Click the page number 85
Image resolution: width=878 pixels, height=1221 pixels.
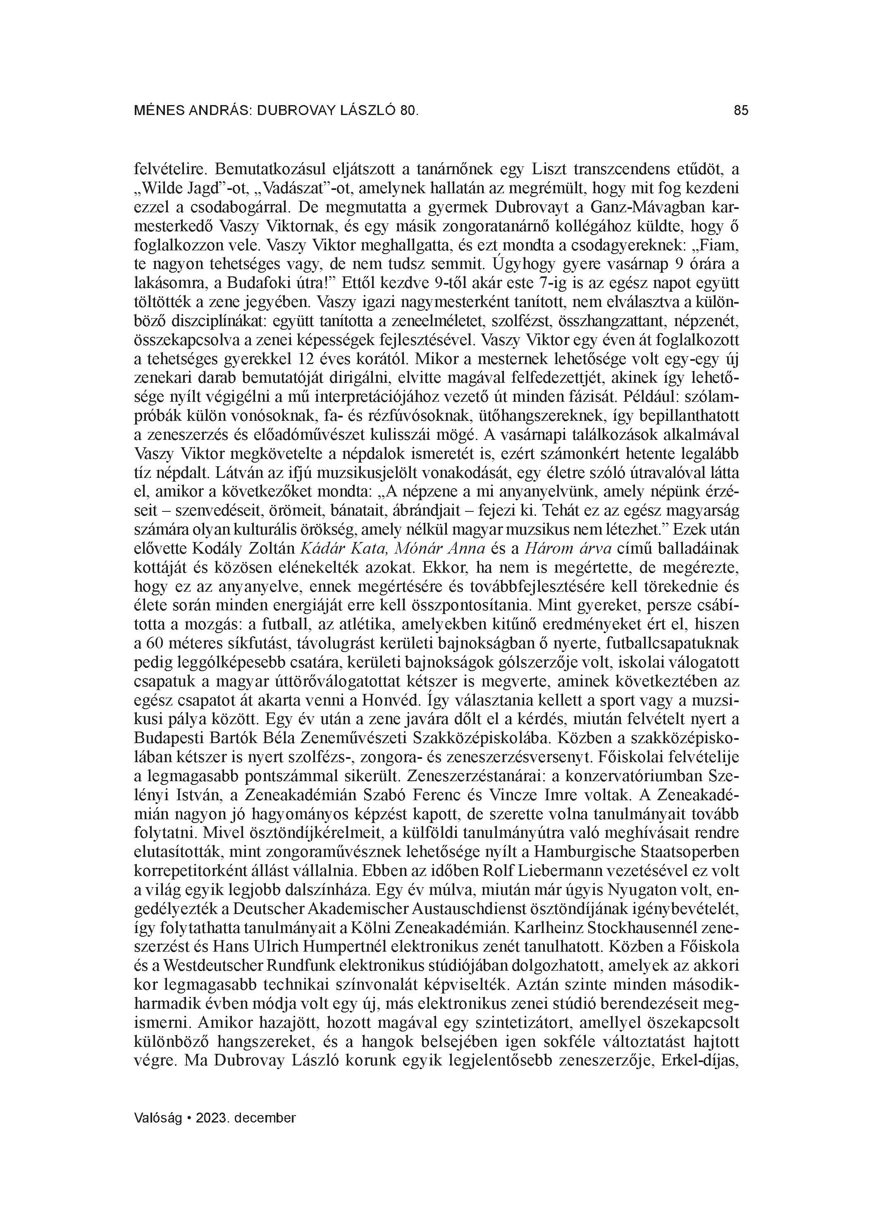tap(741, 110)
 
